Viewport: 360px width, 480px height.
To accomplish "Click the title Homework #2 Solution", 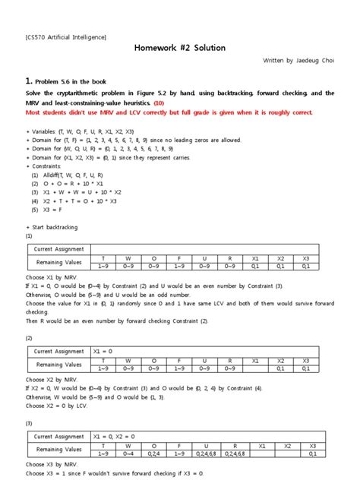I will coord(179,48).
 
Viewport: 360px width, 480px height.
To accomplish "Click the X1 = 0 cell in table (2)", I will coord(102,351).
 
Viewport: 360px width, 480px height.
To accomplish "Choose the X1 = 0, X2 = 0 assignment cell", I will coord(117,437).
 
